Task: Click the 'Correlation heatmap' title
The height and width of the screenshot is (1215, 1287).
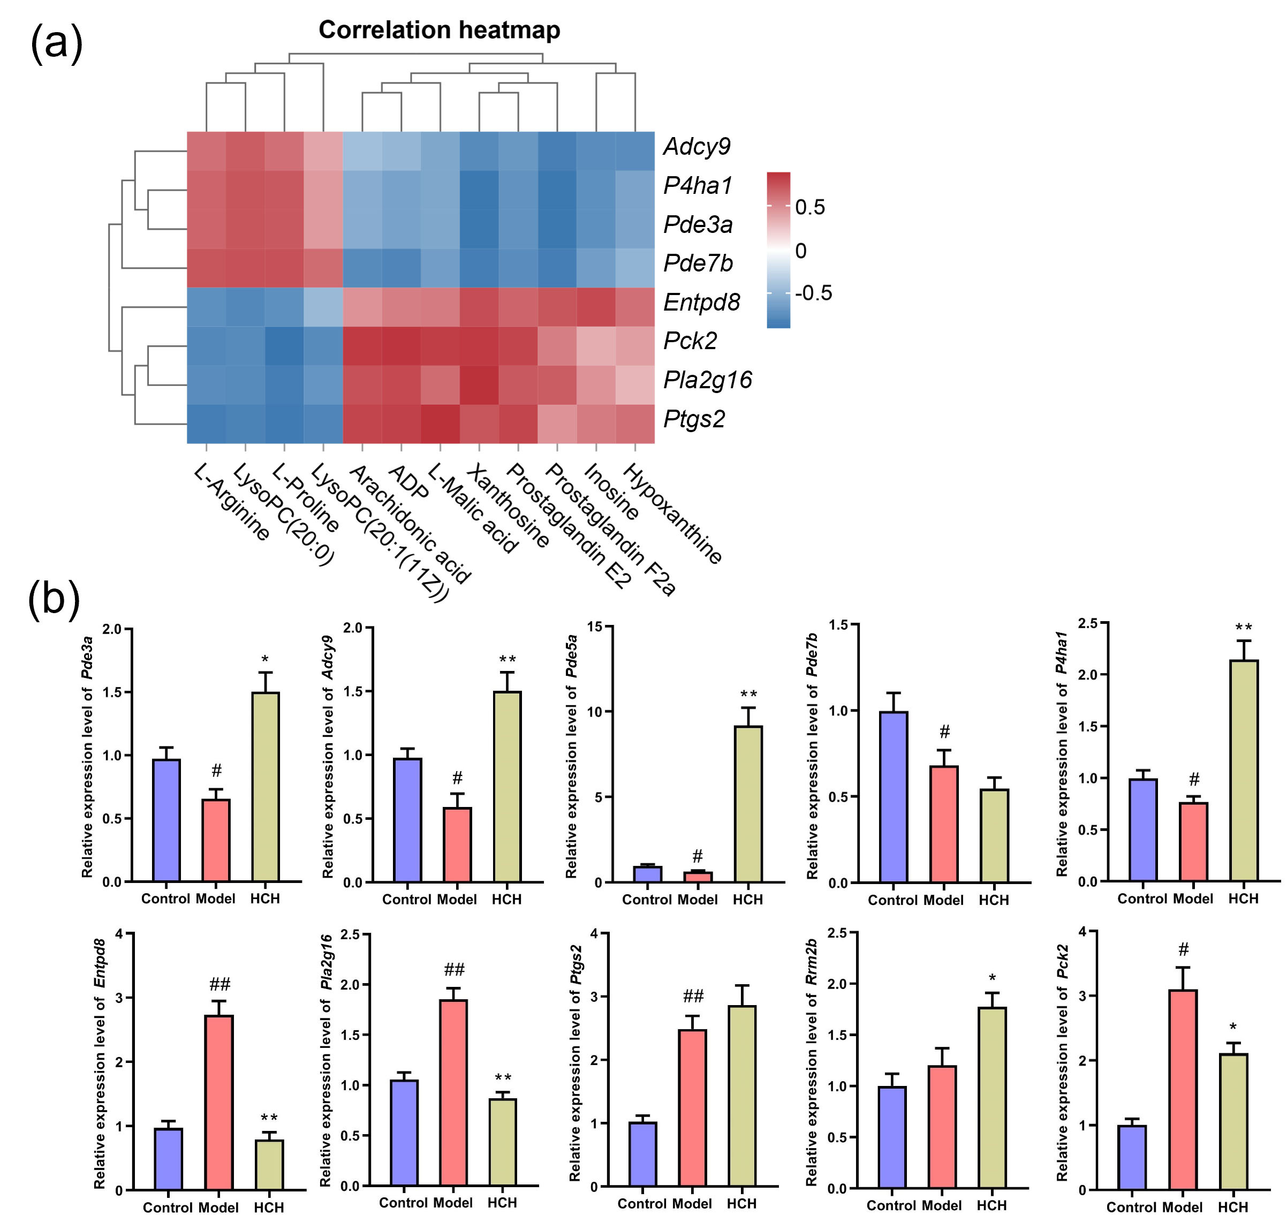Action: pyautogui.click(x=439, y=31)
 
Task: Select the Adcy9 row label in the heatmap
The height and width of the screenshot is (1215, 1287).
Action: pyautogui.click(x=697, y=147)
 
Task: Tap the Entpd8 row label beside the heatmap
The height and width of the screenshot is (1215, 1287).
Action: pyautogui.click(x=702, y=303)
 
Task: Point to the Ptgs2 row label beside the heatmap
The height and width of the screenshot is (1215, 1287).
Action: pyautogui.click(x=694, y=419)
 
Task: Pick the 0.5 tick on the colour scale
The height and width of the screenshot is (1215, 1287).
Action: pyautogui.click(x=810, y=207)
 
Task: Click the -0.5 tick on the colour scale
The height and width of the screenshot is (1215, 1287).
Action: pyautogui.click(x=813, y=293)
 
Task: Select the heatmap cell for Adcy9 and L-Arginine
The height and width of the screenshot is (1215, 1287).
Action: pyautogui.click(x=207, y=152)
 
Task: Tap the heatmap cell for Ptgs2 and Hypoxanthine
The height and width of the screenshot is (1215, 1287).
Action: pyautogui.click(x=635, y=424)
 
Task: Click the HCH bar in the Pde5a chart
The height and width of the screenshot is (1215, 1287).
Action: pyautogui.click(x=748, y=804)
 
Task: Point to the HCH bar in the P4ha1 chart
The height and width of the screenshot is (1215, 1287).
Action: pyautogui.click(x=1243, y=770)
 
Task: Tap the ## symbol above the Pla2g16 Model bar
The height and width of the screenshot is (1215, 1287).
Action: pyautogui.click(x=454, y=970)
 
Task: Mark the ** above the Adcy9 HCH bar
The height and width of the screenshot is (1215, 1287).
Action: pyautogui.click(x=507, y=660)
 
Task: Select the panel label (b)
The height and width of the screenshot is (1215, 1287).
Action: pyautogui.click(x=54, y=599)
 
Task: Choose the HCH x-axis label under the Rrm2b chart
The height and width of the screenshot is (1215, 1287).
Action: pyautogui.click(x=991, y=1205)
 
